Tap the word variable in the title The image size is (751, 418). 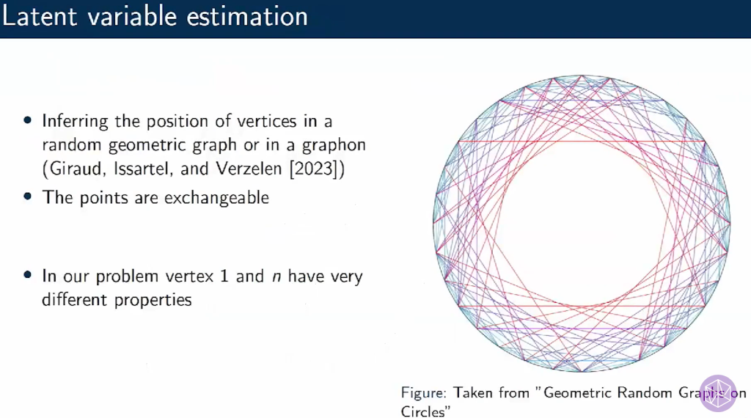pos(136,17)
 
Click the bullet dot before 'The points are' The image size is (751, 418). pos(28,197)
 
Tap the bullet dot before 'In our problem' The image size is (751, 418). pos(28,276)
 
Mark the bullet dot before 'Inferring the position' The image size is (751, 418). pos(28,120)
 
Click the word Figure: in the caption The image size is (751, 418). pos(424,393)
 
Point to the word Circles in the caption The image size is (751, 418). pos(423,411)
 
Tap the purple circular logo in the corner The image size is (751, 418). pos(717,393)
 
